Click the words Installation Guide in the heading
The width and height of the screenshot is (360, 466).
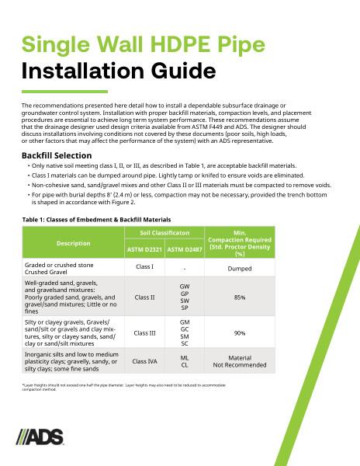(119, 72)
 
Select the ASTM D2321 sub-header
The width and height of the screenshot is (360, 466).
(143, 250)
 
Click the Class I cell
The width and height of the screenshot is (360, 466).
(143, 267)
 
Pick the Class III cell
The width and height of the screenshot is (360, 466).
(143, 332)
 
